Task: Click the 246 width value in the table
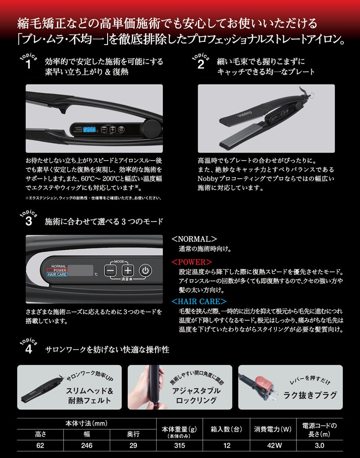click(x=86, y=445)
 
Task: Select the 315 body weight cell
click(x=180, y=445)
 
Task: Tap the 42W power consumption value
click(x=274, y=445)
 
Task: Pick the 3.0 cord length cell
click(x=319, y=445)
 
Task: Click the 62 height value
click(x=40, y=445)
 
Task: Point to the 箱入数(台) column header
click(x=226, y=429)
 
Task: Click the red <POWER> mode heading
click(x=192, y=262)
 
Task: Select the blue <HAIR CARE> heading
click(x=199, y=301)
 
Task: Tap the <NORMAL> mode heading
click(x=194, y=239)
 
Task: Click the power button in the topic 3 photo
click(x=145, y=270)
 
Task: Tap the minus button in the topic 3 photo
click(x=110, y=270)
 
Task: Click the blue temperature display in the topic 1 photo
click(x=90, y=129)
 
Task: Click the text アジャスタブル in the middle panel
click(x=196, y=391)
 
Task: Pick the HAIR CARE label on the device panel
click(x=57, y=274)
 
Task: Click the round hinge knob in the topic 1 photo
click(x=152, y=127)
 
